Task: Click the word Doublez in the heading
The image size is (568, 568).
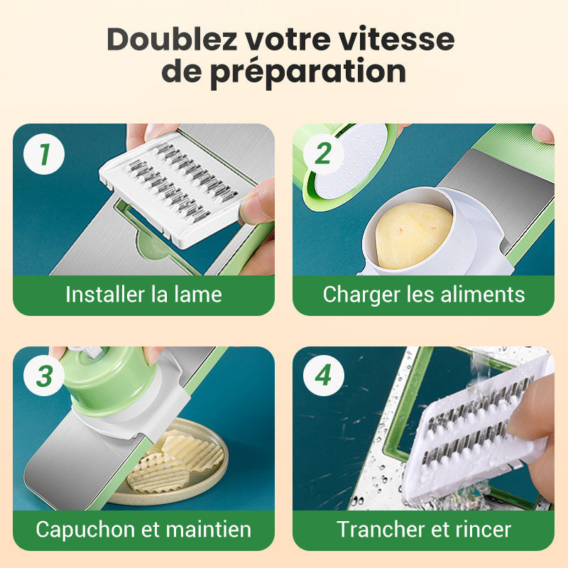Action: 172,39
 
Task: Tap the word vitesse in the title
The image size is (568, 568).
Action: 397,39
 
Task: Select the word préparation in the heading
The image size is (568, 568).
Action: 308,72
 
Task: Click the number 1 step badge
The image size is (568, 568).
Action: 44,154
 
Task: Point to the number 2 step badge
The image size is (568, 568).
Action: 324,154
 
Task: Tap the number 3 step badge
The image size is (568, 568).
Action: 44,376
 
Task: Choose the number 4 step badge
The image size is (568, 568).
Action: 324,376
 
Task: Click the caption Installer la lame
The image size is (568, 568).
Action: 144,294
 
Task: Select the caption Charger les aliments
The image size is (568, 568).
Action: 423,295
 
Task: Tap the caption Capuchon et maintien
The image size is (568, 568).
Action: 144,529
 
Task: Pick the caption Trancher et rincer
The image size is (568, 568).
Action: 423,529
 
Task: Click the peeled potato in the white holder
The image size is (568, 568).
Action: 413,235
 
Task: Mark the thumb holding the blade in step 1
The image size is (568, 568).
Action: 256,201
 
